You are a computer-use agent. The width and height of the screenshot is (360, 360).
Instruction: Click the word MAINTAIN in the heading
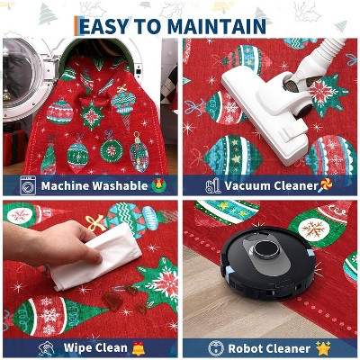point(216,26)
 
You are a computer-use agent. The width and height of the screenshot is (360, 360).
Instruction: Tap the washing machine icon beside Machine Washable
point(28,185)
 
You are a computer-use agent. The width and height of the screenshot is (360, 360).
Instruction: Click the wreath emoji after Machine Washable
point(158,185)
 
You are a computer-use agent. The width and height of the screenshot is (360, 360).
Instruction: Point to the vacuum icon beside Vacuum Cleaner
point(213,186)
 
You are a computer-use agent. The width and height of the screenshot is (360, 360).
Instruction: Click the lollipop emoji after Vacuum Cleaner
point(326,185)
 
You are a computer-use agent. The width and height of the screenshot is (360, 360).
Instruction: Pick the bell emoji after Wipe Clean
point(139,349)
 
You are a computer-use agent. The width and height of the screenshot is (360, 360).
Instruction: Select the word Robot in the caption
point(245,348)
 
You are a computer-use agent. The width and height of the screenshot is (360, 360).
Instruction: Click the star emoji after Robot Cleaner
point(323,348)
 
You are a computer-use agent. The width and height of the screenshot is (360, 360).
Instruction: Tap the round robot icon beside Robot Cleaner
point(216,348)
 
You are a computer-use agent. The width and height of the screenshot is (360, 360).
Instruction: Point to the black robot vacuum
point(267,263)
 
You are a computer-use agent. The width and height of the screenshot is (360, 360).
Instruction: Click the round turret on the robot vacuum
point(266,248)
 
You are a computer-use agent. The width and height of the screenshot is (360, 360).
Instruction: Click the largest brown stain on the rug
point(112,301)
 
